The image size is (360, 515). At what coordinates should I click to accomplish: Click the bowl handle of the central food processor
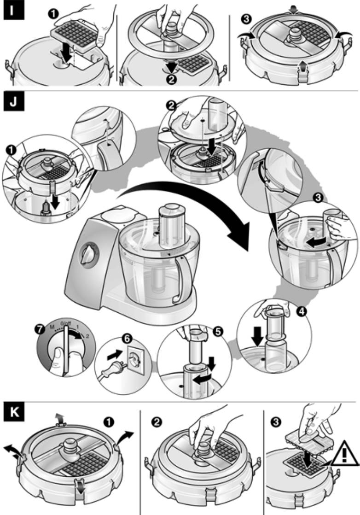click(180, 281)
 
